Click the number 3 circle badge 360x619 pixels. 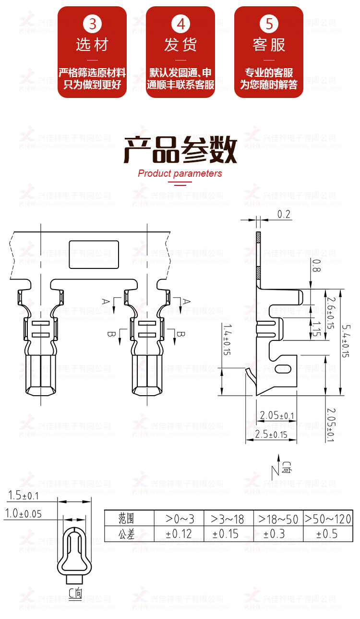pos(92,24)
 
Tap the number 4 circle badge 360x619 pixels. pos(180,24)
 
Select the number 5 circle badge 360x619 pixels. pos(269,24)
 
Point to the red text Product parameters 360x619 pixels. pos(180,173)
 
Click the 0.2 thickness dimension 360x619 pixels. pos(285,215)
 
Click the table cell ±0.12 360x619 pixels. pos(179,534)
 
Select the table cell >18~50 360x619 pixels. pos(278,519)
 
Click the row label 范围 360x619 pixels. pos(127,519)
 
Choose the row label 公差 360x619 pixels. pos(127,534)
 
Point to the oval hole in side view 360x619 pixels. pos(284,369)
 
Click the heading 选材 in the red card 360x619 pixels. pos(92,45)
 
